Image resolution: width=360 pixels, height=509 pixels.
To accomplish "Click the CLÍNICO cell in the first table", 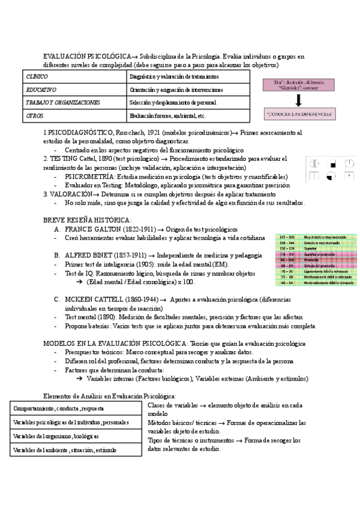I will (37, 77).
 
